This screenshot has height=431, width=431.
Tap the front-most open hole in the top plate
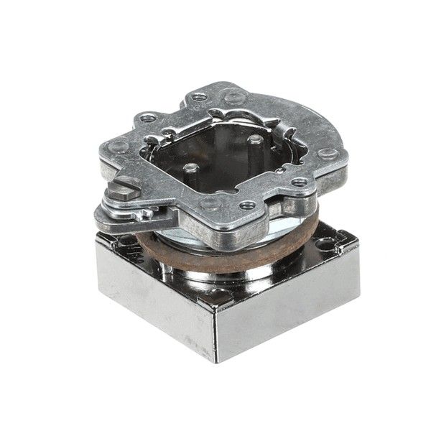248,205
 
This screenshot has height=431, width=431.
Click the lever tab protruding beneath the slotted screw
108,215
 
